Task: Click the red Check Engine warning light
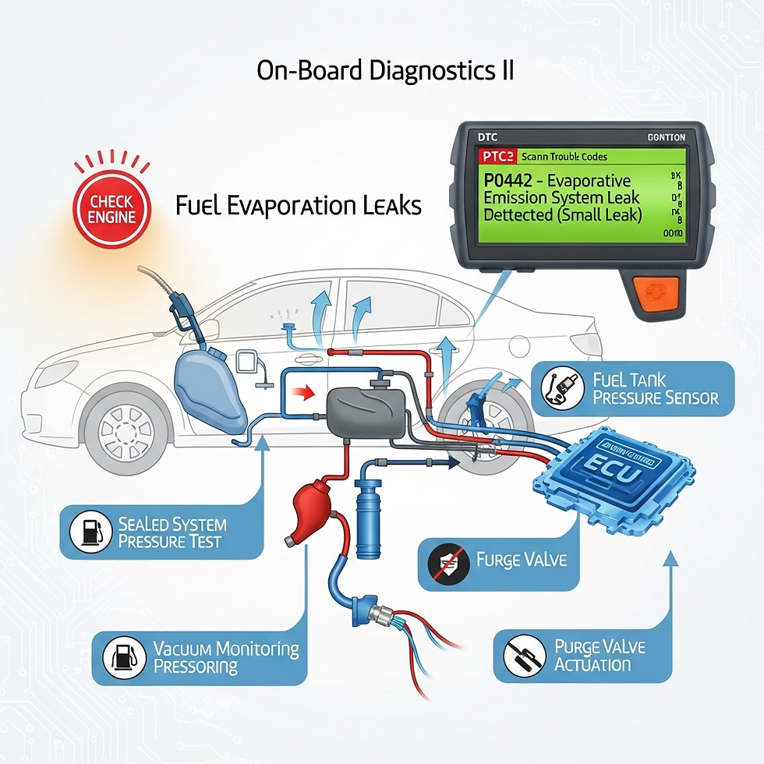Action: click(110, 208)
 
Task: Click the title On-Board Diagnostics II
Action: click(384, 70)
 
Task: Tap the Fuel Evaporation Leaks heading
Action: click(299, 206)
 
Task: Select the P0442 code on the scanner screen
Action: click(508, 180)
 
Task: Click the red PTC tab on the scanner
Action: click(495, 156)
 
